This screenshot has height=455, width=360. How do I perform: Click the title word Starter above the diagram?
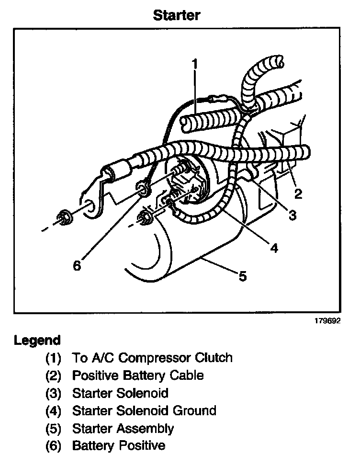click(x=177, y=15)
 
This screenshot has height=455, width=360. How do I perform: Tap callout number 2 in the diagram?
click(x=298, y=193)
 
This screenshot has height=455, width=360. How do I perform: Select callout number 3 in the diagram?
click(x=292, y=216)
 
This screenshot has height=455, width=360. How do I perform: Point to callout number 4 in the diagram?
click(x=274, y=248)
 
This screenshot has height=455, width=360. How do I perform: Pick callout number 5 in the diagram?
click(x=243, y=276)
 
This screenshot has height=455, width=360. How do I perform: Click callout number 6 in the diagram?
click(x=77, y=265)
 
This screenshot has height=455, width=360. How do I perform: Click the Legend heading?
click(x=37, y=341)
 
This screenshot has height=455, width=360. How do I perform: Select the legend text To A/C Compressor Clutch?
click(x=152, y=358)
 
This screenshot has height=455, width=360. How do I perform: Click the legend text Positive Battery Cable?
click(x=138, y=375)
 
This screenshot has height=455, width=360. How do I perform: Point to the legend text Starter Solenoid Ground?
click(x=144, y=410)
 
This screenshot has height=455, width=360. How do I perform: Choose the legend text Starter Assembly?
click(x=123, y=428)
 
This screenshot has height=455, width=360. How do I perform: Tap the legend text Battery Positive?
click(x=119, y=446)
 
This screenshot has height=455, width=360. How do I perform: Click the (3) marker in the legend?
click(x=54, y=393)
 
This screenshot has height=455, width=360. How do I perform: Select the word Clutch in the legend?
click(x=215, y=358)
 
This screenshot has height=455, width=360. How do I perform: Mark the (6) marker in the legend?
click(x=54, y=446)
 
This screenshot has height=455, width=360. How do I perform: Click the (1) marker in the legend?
click(x=54, y=358)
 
